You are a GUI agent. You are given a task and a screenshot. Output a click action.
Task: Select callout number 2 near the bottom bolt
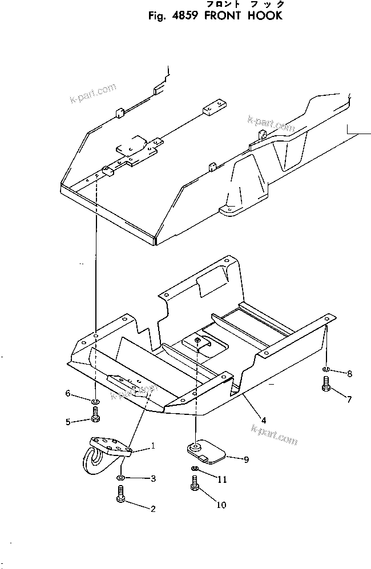pyautogui.click(x=152, y=509)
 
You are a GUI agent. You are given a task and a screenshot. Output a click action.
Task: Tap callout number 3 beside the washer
pyautogui.click(x=152, y=478)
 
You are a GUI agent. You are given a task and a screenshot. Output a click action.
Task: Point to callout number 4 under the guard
pyautogui.click(x=263, y=421)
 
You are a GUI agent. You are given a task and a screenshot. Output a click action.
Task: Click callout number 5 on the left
pyautogui.click(x=68, y=422)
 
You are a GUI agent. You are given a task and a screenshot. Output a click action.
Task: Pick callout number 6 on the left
pyautogui.click(x=68, y=393)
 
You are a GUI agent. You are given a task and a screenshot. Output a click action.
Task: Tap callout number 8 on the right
pyautogui.click(x=349, y=374)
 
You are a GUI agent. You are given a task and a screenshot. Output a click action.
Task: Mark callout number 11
pyautogui.click(x=221, y=479)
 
